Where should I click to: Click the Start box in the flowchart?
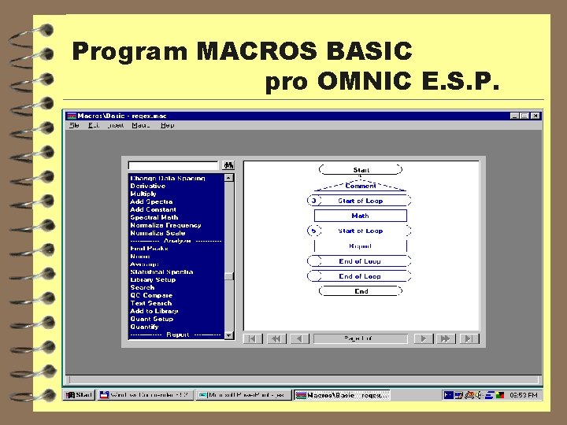tap(361, 170)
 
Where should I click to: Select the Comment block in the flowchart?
tap(361, 187)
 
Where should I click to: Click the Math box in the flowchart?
tap(361, 216)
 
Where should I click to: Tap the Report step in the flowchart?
tap(361, 246)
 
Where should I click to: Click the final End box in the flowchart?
tap(361, 291)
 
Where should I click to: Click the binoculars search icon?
tap(228, 165)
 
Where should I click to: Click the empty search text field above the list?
tap(173, 165)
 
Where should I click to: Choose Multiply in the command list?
tap(143, 194)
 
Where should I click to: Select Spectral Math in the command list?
tap(154, 218)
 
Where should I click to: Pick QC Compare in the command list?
tap(151, 295)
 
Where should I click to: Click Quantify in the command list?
tap(144, 327)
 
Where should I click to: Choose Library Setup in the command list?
tap(153, 279)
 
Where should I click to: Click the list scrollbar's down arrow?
tap(229, 334)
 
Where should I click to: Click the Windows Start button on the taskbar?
tap(80, 395)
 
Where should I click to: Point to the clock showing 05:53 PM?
tap(523, 395)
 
